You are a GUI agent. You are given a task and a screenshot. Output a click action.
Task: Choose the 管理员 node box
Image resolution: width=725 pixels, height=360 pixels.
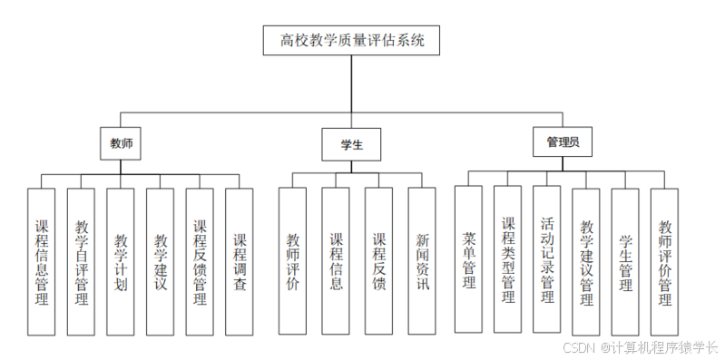click(x=562, y=142)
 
